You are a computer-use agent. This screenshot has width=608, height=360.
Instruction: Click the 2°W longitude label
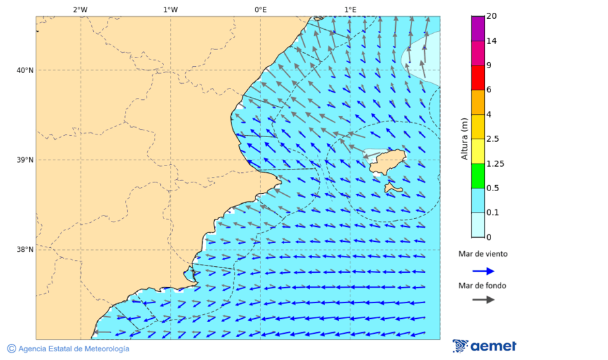pyautogui.click(x=80, y=9)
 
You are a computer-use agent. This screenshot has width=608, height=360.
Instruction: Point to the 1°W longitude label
pyautogui.click(x=170, y=9)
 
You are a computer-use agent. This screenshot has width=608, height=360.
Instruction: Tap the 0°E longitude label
pyautogui.click(x=260, y=9)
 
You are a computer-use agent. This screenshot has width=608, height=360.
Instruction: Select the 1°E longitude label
pyautogui.click(x=350, y=9)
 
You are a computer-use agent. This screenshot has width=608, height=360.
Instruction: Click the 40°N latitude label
pyautogui.click(x=25, y=70)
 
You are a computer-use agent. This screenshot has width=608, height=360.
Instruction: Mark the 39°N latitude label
pyautogui.click(x=25, y=160)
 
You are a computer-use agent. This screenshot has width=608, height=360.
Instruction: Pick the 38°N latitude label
pyautogui.click(x=25, y=250)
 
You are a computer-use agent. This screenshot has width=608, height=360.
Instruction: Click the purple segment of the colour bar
pyautogui.click(x=478, y=28)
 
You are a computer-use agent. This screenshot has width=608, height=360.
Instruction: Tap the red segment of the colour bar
pyautogui.click(x=478, y=78)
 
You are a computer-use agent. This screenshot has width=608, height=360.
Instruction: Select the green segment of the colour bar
pyautogui.click(x=478, y=176)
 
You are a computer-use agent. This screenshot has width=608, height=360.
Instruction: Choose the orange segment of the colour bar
pyautogui.click(x=478, y=102)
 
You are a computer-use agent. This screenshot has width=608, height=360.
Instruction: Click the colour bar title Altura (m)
pyautogui.click(x=464, y=138)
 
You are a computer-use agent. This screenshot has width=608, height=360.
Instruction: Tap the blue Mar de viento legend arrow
pyautogui.click(x=483, y=271)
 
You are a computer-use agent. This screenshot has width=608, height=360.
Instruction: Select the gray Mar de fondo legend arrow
pyautogui.click(x=483, y=300)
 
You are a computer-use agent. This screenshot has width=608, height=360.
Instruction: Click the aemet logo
pyautogui.click(x=484, y=346)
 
